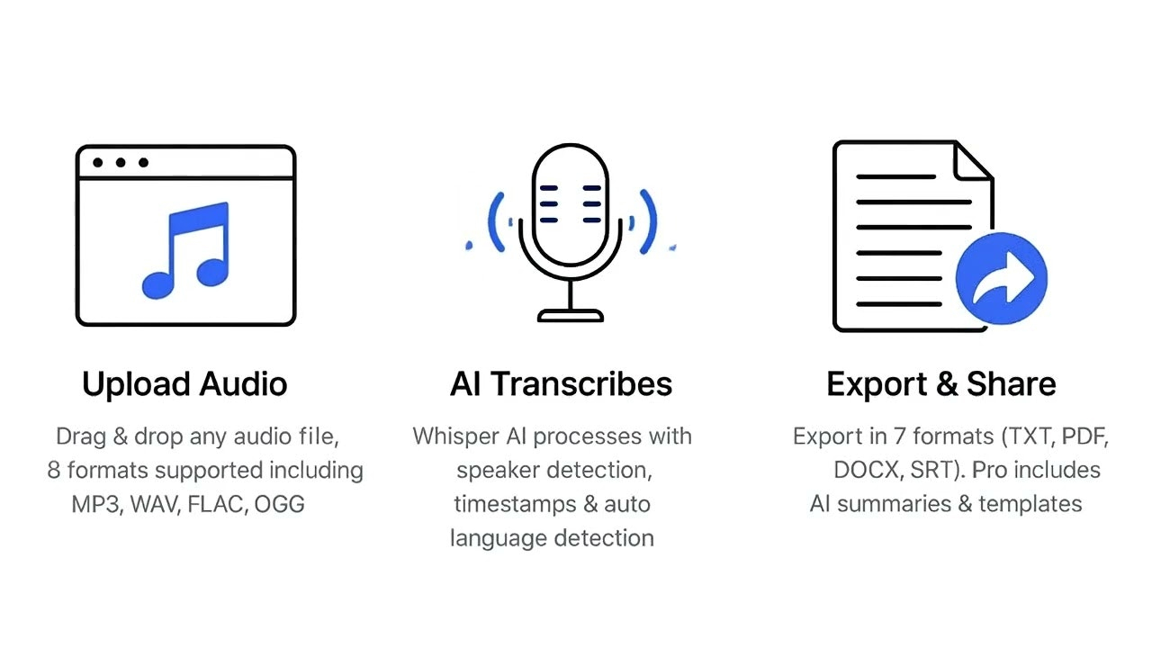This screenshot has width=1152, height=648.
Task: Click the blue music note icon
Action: pos(186,250)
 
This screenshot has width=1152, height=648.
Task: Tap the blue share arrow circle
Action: pos(1002,278)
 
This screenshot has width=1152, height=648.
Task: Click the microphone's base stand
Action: pos(571,315)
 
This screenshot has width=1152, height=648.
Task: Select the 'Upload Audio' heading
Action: pos(184,384)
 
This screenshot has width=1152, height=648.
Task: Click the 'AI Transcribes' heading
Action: pos(561,384)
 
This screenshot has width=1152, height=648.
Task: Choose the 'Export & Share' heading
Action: pos(941,384)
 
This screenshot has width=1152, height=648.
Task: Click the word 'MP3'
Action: pos(96,505)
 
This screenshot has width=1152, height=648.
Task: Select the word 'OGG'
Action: pos(279,505)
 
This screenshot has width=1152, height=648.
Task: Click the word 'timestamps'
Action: pos(515,504)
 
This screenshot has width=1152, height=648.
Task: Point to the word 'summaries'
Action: pos(894,504)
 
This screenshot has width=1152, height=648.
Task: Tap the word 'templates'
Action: pos(1030,504)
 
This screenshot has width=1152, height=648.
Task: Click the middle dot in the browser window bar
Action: pos(121,163)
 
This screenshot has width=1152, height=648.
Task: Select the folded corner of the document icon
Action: pos(973,161)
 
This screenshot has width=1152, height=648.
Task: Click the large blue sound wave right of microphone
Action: pos(650,221)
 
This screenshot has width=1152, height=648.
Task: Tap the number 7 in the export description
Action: pos(899,436)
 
